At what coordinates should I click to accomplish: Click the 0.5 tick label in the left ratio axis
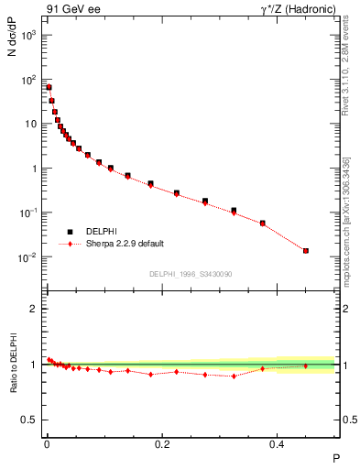tap(28, 420)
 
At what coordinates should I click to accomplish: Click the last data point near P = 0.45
tap(306, 250)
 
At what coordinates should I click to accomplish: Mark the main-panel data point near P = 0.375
tap(263, 223)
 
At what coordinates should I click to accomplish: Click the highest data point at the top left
tap(49, 87)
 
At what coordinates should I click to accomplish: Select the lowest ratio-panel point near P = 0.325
tap(234, 376)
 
